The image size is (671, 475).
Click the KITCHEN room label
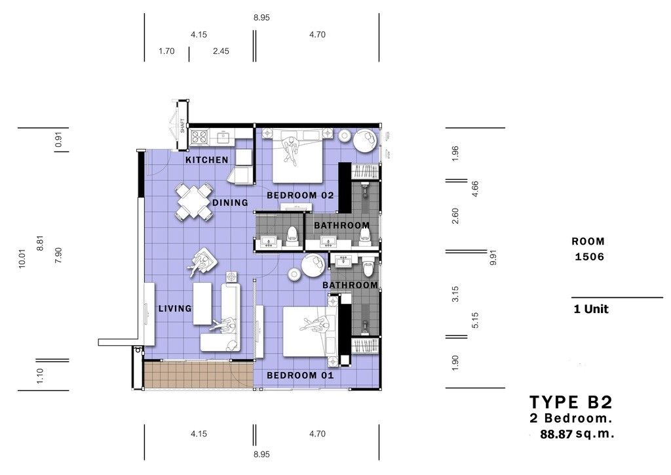(206, 160)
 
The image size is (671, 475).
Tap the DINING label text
(230, 202)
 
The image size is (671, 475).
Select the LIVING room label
(175, 308)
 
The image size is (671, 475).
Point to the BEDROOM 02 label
(300, 196)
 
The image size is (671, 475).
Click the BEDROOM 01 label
(300, 375)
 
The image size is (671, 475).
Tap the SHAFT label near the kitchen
(183, 125)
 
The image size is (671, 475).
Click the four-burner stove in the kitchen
(199, 136)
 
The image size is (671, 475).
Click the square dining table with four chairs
(194, 202)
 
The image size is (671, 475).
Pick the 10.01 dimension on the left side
(23, 258)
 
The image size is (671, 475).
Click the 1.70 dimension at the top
(166, 51)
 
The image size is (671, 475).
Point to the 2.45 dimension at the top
(221, 51)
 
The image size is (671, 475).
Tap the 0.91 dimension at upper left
(58, 139)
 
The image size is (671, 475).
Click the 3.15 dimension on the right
(455, 295)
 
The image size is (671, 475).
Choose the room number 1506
(589, 257)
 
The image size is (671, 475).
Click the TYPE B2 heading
(571, 402)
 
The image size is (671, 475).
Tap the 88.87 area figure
(556, 434)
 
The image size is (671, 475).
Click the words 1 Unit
(591, 309)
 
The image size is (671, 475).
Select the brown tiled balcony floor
(198, 375)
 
